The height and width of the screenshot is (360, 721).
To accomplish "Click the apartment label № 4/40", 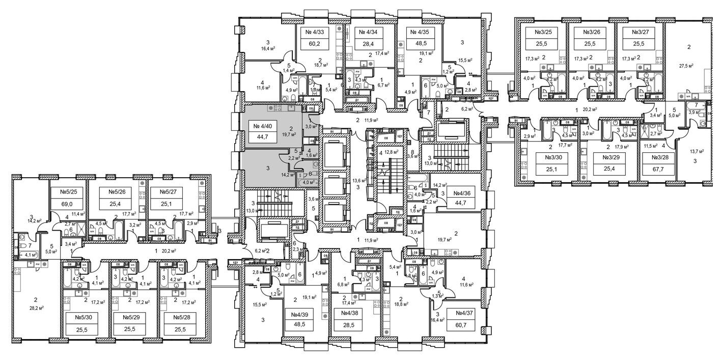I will (263, 126).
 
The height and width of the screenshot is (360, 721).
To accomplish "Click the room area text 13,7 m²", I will (696, 152).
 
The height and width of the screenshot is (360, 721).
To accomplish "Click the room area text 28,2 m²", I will (36, 308).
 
